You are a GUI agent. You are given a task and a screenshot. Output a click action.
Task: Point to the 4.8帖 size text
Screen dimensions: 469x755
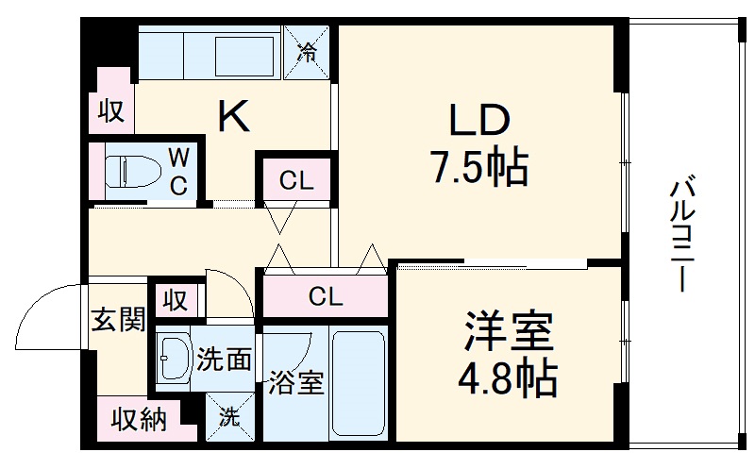(507, 378)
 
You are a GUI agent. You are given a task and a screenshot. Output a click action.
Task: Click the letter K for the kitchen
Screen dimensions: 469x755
(234, 117)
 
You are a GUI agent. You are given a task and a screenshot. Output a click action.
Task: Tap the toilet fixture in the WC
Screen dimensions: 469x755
(126, 171)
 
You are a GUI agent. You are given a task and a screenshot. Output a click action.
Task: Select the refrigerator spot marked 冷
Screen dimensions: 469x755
(308, 53)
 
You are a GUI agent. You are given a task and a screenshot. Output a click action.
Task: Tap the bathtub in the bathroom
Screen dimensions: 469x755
(360, 382)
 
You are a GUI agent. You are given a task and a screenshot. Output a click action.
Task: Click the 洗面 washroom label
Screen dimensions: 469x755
(225, 360)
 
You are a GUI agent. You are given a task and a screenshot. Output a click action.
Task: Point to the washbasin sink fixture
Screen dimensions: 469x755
(173, 359)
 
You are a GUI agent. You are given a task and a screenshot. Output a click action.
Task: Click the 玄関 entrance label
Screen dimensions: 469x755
(117, 320)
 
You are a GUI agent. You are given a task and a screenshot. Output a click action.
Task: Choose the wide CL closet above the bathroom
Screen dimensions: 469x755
(326, 297)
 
